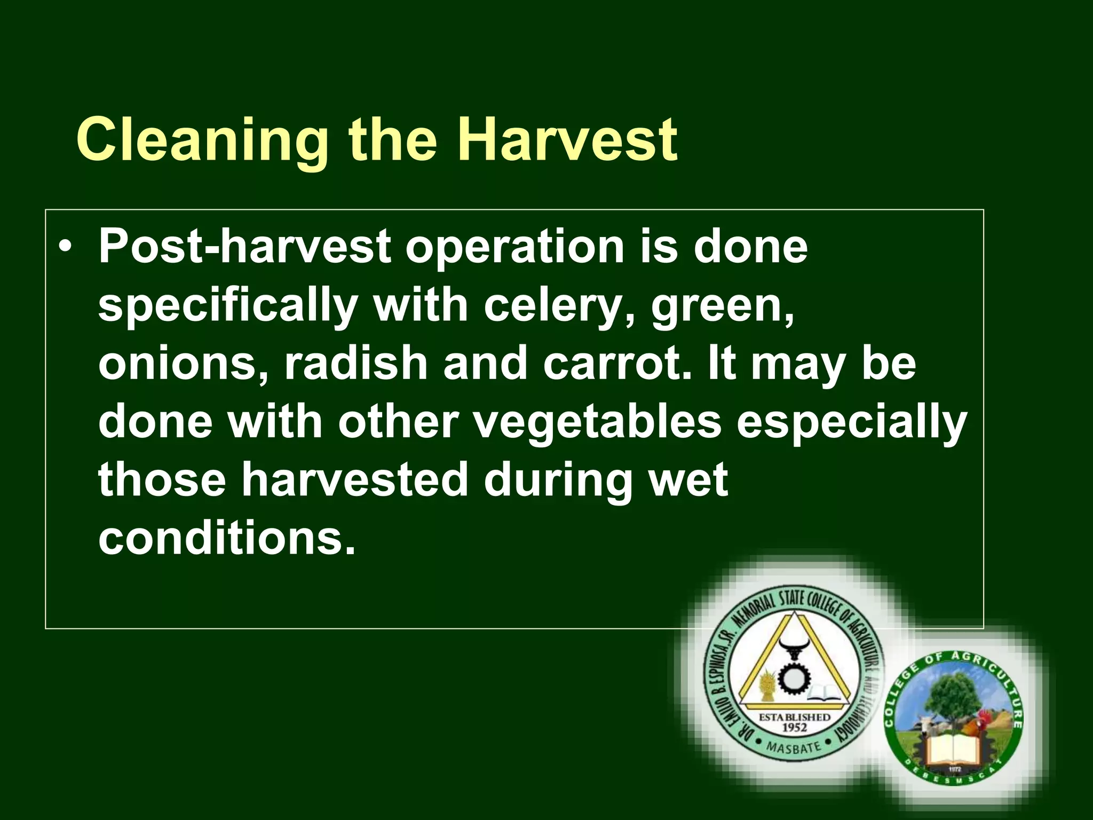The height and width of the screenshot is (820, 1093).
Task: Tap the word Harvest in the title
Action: tap(567, 140)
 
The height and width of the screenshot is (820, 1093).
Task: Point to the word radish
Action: tap(356, 365)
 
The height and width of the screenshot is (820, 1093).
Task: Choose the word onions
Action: tap(184, 365)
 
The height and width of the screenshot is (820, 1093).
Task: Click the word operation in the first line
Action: tap(514, 249)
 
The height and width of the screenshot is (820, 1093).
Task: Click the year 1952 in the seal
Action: tap(794, 727)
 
